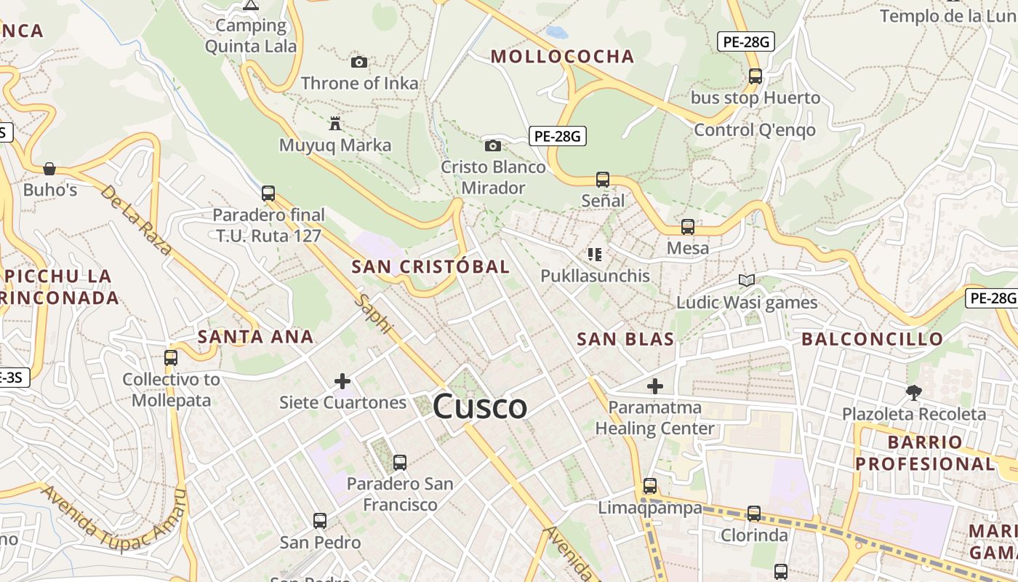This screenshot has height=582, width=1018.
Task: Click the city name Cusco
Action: [x=480, y=407]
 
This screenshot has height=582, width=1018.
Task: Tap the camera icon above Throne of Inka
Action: [x=359, y=63]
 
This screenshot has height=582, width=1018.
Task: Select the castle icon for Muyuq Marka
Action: [x=335, y=124]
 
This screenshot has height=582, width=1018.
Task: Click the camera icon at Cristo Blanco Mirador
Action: [x=493, y=145]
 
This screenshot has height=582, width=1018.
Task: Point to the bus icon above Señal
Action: [x=603, y=179]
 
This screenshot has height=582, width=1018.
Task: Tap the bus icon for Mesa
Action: [x=688, y=227]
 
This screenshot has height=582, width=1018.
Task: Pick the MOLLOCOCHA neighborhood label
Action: [x=562, y=57]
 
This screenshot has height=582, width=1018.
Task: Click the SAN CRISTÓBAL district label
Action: [x=430, y=267]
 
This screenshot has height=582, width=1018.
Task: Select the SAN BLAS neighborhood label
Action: [x=625, y=339]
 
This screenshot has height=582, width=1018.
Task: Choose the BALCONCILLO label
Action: [x=872, y=339]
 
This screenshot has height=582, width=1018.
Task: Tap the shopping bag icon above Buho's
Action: [x=49, y=169]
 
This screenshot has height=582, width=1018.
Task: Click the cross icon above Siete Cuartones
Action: [x=342, y=380]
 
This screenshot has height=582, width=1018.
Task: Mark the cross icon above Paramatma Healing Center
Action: [x=655, y=386]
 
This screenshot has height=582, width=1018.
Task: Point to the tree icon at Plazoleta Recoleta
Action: [x=914, y=393]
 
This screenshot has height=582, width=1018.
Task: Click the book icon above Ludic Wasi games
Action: [x=747, y=280]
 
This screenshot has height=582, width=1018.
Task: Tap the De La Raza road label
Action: [x=136, y=220]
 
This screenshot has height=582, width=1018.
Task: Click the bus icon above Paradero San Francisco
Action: [x=399, y=462]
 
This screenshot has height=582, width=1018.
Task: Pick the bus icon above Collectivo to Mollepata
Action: [x=171, y=358]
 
